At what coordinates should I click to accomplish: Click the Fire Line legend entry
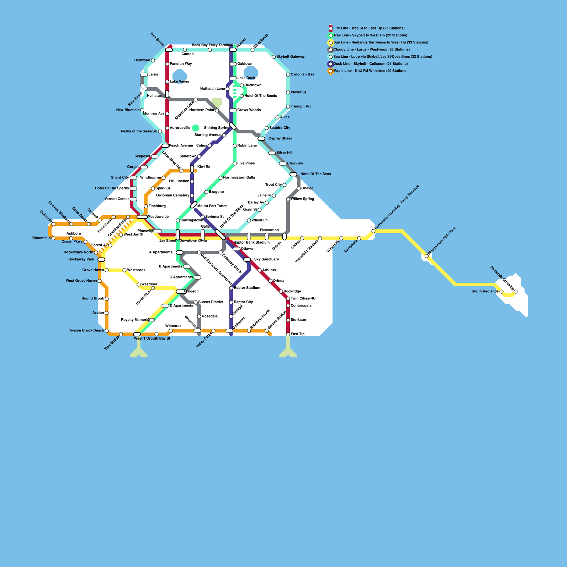368,28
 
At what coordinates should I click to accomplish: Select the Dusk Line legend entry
370,64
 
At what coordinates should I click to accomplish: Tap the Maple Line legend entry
369,71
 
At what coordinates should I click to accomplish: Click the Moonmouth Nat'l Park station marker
427,256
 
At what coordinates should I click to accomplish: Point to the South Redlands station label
485,291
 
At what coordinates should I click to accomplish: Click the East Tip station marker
288,334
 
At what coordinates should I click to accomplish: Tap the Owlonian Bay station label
302,74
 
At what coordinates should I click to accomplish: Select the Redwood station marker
153,60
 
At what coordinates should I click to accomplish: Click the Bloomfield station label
41,238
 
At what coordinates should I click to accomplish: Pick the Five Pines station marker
235,164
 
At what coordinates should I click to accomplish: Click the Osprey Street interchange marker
261,139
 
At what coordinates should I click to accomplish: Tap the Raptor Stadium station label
247,288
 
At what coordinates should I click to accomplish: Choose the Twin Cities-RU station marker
288,299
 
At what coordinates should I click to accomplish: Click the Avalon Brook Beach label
86,330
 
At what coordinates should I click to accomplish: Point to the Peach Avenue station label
181,145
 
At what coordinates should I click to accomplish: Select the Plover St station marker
288,92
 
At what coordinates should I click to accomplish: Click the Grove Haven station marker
107,270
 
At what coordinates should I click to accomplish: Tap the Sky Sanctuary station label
266,259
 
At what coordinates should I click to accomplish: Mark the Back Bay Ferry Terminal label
212,45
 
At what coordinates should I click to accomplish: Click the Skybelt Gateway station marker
274,57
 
